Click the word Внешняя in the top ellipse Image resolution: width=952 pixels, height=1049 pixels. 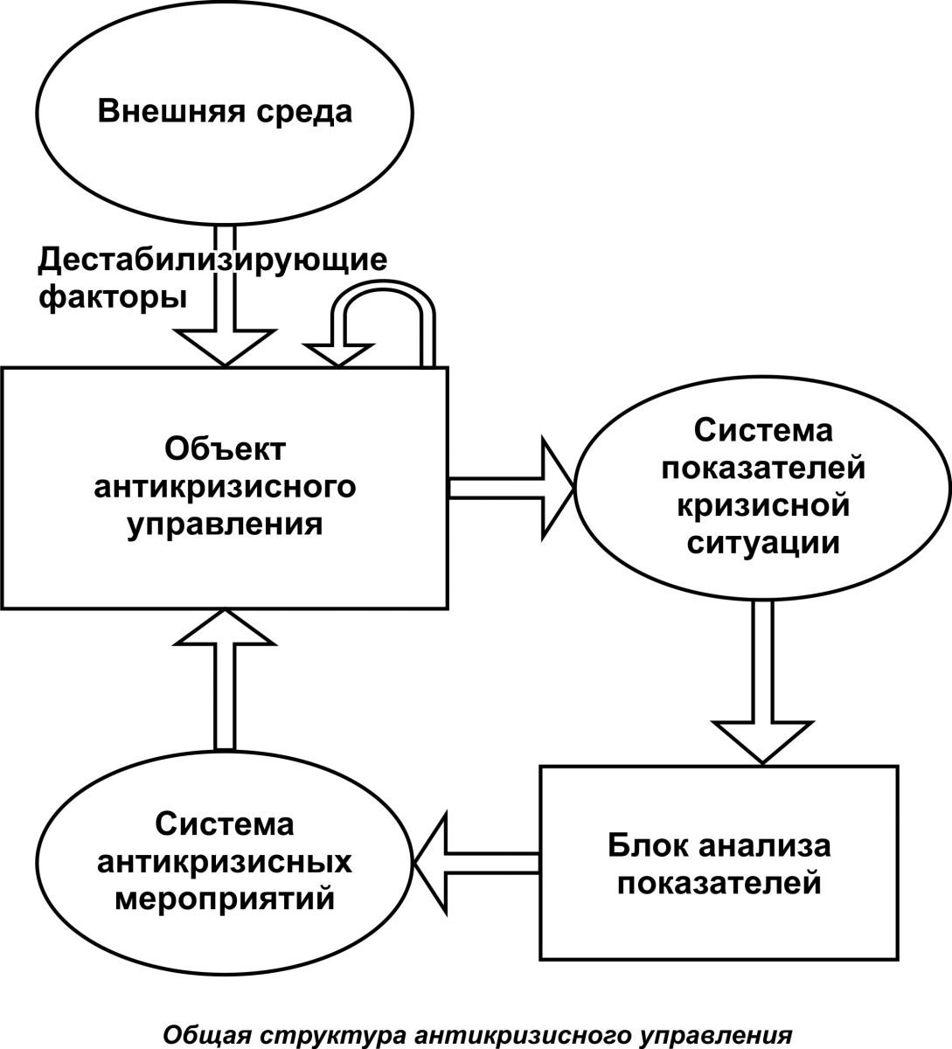tap(171, 111)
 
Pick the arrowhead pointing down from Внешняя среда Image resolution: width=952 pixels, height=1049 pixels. tap(225, 347)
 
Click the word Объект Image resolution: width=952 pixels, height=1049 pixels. tap(225, 450)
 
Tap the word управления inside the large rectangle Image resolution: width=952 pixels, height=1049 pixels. tap(225, 525)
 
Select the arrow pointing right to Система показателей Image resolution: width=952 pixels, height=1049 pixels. tap(512, 489)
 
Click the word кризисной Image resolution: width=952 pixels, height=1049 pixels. tap(763, 506)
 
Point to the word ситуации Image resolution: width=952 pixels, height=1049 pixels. tap(763, 545)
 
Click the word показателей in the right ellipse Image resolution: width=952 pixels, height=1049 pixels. tap(763, 468)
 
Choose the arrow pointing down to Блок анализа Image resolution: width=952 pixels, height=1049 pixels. tap(762, 684)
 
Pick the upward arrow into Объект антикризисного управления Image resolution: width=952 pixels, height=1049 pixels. tap(225, 681)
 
